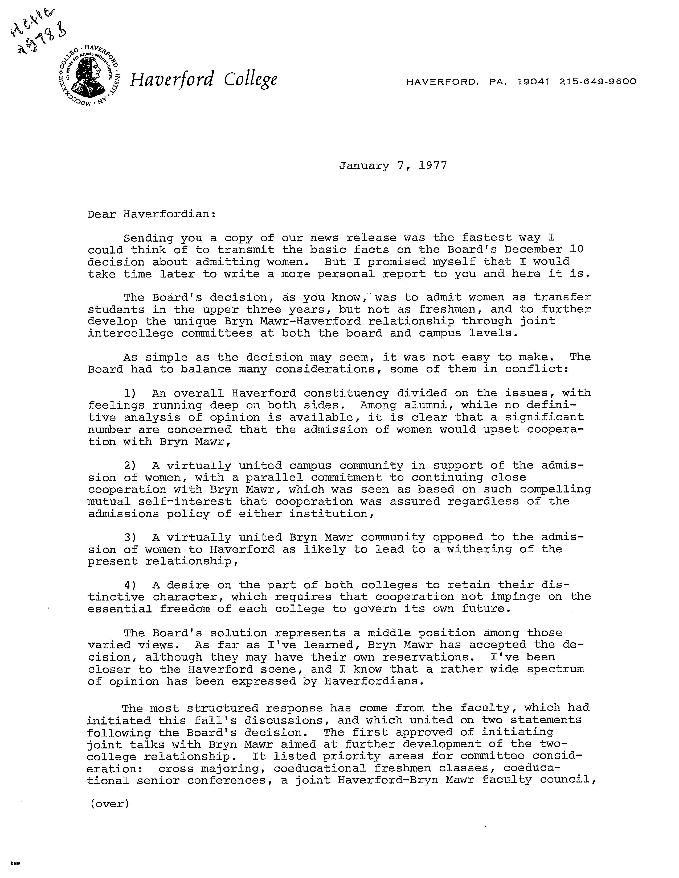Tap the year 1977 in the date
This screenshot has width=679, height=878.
pyautogui.click(x=433, y=166)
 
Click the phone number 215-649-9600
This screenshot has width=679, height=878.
pyautogui.click(x=598, y=82)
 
